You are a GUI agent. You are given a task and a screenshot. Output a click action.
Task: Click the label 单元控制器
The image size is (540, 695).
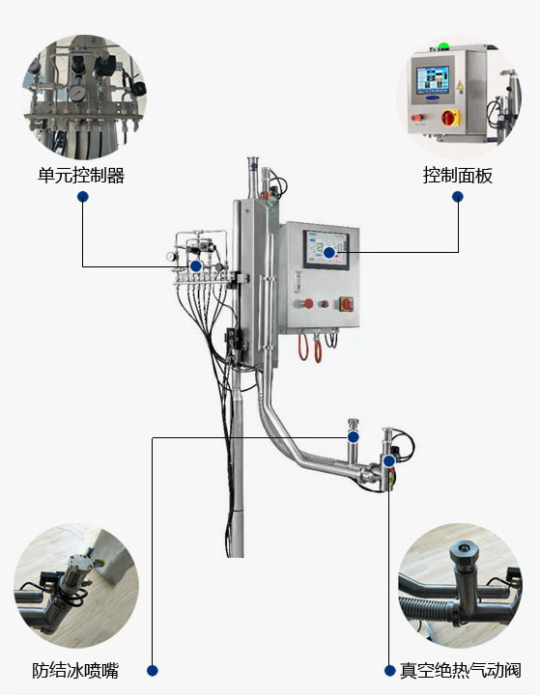[81, 176]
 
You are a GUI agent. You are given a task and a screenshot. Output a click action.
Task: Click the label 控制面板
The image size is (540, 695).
[458, 176]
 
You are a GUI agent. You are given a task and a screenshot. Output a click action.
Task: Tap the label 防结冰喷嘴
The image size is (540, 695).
[75, 670]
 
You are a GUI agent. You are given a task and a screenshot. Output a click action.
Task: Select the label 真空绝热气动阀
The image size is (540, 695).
[461, 670]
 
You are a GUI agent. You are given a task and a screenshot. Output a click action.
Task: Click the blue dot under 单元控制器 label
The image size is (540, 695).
[83, 196]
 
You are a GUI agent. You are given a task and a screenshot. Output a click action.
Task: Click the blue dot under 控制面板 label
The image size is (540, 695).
[458, 196]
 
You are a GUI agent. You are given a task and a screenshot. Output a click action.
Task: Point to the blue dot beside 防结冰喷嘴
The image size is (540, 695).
[153, 670]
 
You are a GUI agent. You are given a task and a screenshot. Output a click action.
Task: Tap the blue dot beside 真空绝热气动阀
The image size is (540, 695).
[389, 670]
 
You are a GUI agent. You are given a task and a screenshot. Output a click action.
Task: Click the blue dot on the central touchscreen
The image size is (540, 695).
[328, 253]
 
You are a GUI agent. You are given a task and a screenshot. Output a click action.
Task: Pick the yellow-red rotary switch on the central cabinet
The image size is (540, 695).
[347, 304]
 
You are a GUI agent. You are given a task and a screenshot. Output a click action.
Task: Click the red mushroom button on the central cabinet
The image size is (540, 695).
[307, 304]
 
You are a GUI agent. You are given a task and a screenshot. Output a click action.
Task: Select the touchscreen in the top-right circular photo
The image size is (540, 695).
[433, 80]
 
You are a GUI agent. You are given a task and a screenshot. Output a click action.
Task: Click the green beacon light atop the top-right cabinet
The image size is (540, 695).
[442, 45]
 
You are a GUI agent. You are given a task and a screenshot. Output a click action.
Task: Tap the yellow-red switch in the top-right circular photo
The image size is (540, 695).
[450, 118]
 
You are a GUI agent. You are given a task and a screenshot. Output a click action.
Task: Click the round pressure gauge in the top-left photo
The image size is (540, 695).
[77, 93]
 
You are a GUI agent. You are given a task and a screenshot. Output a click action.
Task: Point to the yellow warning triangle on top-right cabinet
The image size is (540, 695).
[460, 85]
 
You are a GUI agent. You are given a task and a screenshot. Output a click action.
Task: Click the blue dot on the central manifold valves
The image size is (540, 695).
[196, 266]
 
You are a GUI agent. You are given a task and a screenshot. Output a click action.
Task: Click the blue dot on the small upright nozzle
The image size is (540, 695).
[354, 437]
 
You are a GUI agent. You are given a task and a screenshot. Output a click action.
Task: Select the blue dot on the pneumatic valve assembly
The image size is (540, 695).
[389, 461]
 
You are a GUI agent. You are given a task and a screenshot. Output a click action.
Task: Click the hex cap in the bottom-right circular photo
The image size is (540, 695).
[464, 552]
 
